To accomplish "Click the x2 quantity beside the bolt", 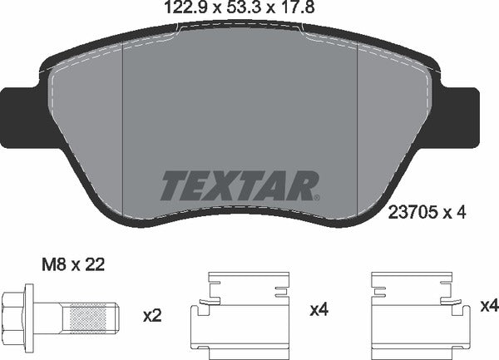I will coord(151,315).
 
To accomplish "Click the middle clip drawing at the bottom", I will coord(243,314).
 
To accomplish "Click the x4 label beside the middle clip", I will coord(320,311).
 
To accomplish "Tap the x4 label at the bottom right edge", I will coord(489,306).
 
